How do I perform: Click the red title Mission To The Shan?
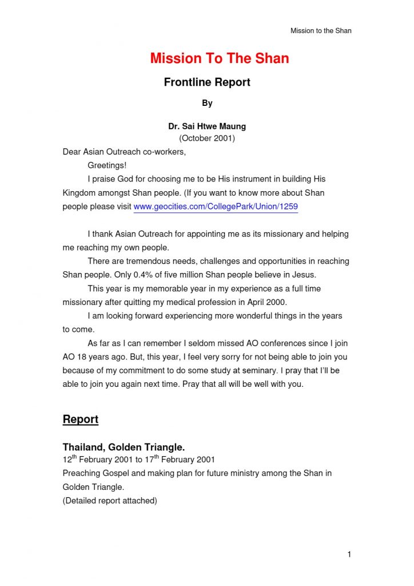pyautogui.click(x=219, y=58)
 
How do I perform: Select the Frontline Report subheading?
pyautogui.click(x=207, y=82)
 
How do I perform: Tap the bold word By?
pyautogui.click(x=207, y=104)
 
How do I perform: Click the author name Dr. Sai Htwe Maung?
pyautogui.click(x=207, y=126)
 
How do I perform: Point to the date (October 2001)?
pyautogui.click(x=207, y=138)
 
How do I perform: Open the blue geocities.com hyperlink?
pyautogui.click(x=216, y=207)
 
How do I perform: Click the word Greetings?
pyautogui.click(x=107, y=166)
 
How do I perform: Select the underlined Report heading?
pyautogui.click(x=80, y=419)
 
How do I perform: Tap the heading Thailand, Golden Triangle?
pyautogui.click(x=124, y=447)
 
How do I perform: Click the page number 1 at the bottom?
pyautogui.click(x=349, y=554)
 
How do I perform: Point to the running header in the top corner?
pyautogui.click(x=321, y=30)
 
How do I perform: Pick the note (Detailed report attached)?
pyautogui.click(x=110, y=501)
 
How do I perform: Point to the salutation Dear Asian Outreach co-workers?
pyautogui.click(x=124, y=152)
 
